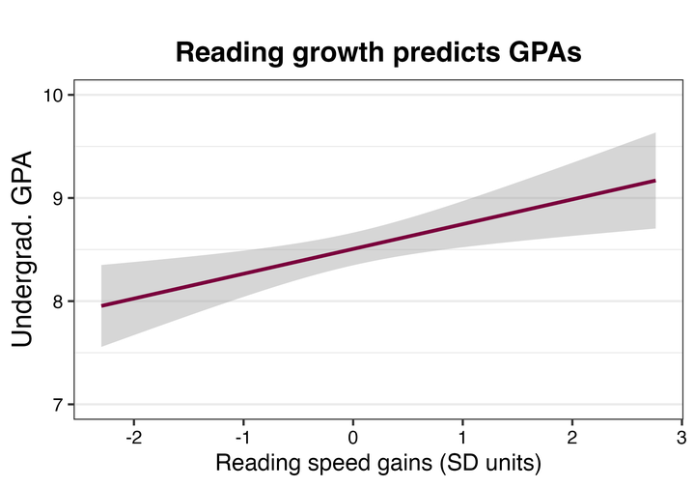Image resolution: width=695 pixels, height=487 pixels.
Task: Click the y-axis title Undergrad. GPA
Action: coord(26,249)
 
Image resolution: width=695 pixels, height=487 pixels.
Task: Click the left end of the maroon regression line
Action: coord(102,305)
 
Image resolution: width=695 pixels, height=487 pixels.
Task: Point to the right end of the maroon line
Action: coord(655,181)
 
